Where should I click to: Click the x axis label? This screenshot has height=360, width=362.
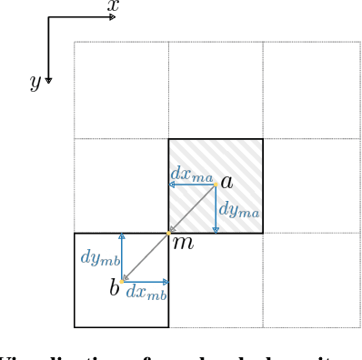click(113, 6)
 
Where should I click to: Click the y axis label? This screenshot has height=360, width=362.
click(35, 82)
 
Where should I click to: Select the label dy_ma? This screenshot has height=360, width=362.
click(239, 210)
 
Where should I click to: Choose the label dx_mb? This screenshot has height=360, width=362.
click(146, 292)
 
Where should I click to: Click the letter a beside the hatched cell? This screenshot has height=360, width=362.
click(226, 182)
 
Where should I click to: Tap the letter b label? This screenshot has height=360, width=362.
click(115, 289)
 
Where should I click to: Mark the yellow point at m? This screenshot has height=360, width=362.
click(168, 234)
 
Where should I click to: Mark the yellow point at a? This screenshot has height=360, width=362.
click(216, 185)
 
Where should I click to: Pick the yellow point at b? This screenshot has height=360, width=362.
click(122, 281)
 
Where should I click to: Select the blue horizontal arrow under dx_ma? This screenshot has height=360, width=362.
click(192, 185)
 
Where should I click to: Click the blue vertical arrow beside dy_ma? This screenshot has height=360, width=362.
click(216, 209)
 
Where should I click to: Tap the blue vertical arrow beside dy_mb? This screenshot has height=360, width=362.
click(122, 257)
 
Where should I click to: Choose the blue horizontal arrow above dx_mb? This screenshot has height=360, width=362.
click(146, 281)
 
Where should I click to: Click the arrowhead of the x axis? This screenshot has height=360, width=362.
click(112, 17)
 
